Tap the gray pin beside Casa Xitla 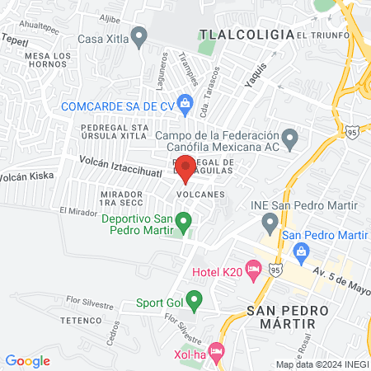click(139, 36)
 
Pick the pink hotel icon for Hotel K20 click(253, 270)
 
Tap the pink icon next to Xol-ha click(217, 352)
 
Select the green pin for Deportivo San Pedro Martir click(185, 220)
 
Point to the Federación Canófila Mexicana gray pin click(289, 137)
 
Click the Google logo click(28, 360)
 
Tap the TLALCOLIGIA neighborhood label click(247, 35)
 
